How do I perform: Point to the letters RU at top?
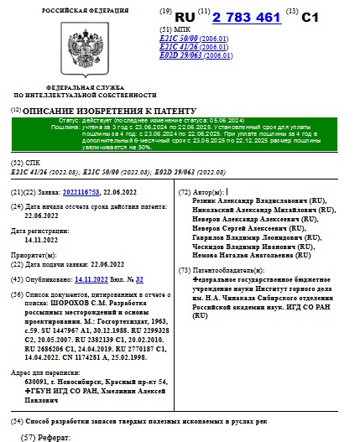tap(185, 16)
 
